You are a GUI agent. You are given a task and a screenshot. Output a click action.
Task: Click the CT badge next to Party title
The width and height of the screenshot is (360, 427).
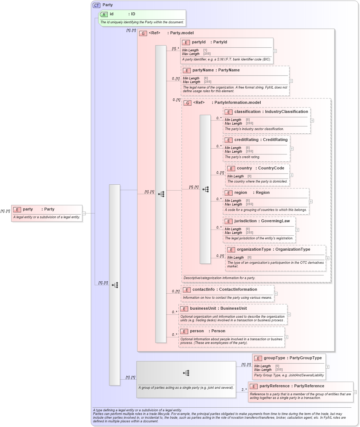click(97, 5)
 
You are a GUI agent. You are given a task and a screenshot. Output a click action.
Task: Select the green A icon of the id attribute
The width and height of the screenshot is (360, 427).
click(104, 14)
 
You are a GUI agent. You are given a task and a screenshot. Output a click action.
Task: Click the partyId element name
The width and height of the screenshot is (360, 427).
click(199, 42)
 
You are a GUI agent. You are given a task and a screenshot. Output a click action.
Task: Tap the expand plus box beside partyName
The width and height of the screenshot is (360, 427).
click(291, 81)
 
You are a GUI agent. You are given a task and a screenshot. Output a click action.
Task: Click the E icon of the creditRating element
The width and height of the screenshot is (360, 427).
click(229, 140)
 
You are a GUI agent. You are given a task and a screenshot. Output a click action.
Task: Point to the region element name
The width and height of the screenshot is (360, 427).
click(241, 193)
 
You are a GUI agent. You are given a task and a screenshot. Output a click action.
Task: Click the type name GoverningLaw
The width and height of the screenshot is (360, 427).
click(276, 221)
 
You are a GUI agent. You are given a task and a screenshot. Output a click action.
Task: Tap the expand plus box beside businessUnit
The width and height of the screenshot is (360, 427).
click(289, 314)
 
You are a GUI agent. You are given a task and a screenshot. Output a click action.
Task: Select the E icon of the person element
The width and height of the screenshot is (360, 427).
click(184, 331)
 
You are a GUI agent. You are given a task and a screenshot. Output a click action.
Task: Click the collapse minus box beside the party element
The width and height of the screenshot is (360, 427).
click(84, 213)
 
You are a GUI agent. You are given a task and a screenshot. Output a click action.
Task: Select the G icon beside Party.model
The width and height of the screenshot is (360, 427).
click(143, 33)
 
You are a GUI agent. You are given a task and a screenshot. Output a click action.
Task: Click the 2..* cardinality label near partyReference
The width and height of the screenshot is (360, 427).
click(244, 390)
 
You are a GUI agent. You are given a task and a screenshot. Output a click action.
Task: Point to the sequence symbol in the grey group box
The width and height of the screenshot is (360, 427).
click(186, 373)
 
